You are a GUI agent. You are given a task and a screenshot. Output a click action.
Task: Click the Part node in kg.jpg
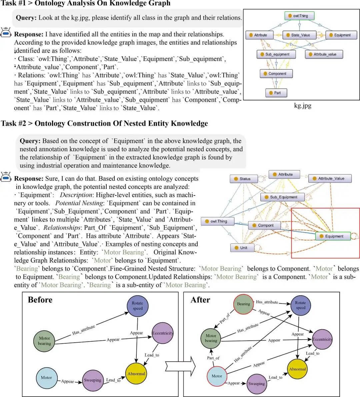[x=277, y=93]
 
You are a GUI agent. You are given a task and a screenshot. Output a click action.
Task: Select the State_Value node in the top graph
[x=300, y=35]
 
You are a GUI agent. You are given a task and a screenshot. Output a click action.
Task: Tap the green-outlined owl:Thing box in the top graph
[x=300, y=16]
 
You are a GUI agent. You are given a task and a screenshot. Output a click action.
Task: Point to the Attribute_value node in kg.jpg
[x=324, y=54]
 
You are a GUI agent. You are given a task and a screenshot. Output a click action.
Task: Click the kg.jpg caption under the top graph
[x=303, y=105]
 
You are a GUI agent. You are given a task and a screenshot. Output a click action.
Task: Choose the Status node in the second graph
[x=244, y=179]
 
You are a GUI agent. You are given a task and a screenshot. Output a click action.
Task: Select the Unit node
[x=242, y=248]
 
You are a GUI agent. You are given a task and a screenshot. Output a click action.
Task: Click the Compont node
[x=264, y=225]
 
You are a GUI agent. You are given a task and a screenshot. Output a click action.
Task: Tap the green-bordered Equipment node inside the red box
[x=333, y=236]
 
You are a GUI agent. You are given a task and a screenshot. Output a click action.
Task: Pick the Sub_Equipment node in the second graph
[x=282, y=197]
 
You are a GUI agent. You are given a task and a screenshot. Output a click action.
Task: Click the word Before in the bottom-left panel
[x=40, y=300]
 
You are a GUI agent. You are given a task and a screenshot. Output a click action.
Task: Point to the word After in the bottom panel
[x=200, y=300]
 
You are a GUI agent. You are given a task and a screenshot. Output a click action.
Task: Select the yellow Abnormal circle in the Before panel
[x=136, y=373]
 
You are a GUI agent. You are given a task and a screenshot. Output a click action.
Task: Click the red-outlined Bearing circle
[x=243, y=304]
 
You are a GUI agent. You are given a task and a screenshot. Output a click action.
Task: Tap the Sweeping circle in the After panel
[x=257, y=384]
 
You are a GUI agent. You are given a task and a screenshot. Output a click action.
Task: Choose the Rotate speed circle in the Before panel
[x=138, y=306]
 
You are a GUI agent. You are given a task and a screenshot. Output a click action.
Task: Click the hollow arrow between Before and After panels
[x=180, y=366]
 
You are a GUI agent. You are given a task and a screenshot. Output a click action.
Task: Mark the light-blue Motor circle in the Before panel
[x=46, y=378]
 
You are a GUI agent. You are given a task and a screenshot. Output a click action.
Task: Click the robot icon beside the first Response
[x=6, y=32]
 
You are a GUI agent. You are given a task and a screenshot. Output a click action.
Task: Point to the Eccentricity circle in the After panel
[x=322, y=339]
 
